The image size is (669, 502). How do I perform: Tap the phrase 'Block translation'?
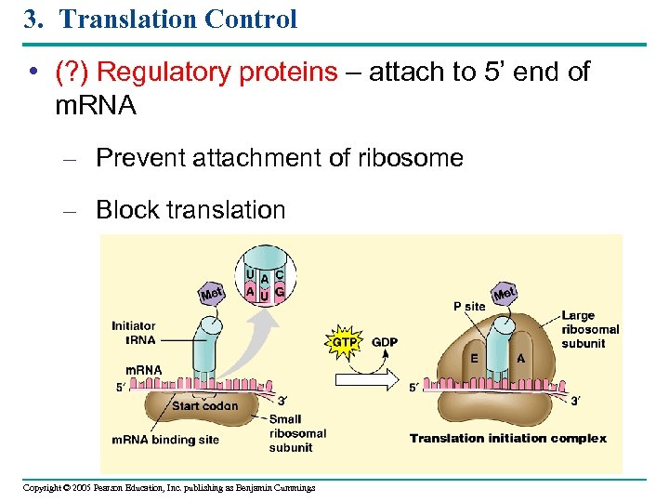[190, 210]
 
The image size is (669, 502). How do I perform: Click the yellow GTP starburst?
[344, 342]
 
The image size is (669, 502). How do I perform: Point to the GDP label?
[384, 342]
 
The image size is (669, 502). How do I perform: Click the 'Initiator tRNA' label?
[133, 332]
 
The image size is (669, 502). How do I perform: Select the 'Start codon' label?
[204, 405]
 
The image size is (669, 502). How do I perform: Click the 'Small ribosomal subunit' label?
[297, 433]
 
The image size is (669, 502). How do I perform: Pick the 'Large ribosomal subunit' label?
[590, 330]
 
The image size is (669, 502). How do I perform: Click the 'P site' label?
[469, 306]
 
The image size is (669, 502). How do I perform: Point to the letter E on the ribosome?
[474, 357]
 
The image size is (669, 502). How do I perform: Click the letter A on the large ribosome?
[520, 357]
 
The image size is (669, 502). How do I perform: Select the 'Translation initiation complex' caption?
[507, 439]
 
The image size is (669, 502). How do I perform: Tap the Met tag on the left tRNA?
[213, 294]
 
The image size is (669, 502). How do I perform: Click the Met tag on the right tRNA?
[505, 295]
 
